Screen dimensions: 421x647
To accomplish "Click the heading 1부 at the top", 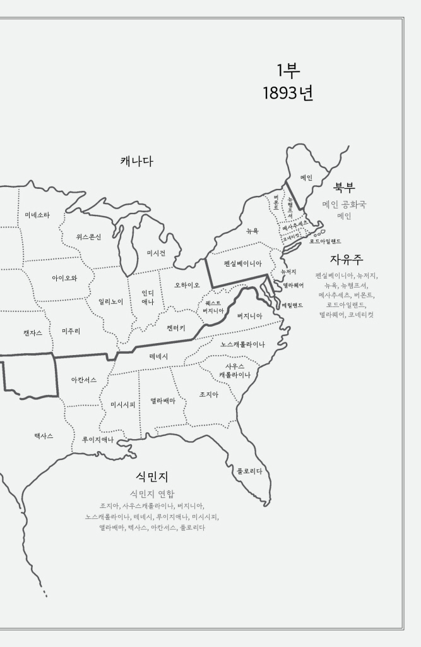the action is tap(288, 71).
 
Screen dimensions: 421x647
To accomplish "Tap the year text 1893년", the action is tap(288, 94).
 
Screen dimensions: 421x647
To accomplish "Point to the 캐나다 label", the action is tap(137, 161).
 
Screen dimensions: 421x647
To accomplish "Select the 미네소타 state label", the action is tap(37, 215).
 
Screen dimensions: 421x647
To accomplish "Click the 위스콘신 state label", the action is tap(88, 236).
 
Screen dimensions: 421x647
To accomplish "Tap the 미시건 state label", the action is tap(156, 253).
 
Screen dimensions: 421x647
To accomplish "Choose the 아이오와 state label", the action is tap(64, 277).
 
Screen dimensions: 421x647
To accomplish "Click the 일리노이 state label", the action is tap(110, 301).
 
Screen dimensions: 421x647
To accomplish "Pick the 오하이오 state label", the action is tap(187, 285).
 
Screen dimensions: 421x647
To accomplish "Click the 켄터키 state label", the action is tap(176, 329).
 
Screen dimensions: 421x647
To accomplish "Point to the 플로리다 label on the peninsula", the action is tap(249, 471).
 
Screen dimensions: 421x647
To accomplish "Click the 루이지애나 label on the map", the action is tap(98, 439).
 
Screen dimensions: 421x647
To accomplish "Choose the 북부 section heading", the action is tap(344, 188).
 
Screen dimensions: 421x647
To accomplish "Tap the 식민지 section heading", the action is tap(151, 476).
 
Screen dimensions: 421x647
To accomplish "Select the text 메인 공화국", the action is tap(344, 204).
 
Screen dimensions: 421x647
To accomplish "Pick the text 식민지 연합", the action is tap(151, 493).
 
